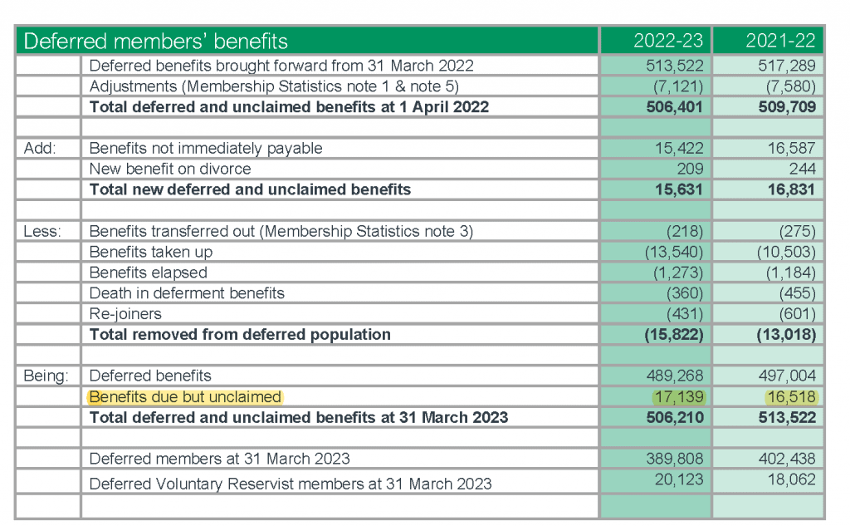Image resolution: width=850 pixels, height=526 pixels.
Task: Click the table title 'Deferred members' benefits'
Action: point(155,41)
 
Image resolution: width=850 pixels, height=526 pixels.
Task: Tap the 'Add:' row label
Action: point(40,149)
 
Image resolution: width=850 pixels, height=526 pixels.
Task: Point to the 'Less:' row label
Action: point(42,231)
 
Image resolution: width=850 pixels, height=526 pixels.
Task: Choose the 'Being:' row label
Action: point(46,376)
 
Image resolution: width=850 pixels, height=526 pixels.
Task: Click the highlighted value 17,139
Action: point(678,396)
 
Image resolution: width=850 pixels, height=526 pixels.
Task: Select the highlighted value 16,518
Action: point(790,396)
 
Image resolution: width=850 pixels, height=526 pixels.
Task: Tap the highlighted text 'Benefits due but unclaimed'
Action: point(185,396)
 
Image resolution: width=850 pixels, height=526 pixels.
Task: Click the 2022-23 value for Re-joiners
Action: point(686,314)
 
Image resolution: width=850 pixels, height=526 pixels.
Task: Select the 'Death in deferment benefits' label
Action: point(187,293)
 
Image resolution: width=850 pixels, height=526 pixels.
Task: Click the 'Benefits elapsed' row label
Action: point(149,273)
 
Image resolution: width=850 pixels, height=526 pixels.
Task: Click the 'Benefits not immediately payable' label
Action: point(206,149)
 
